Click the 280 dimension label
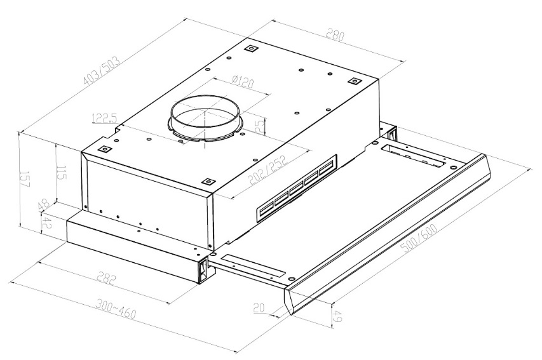click(x=335, y=36)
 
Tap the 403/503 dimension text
click(x=102, y=71)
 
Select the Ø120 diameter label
click(x=243, y=82)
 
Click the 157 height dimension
click(x=25, y=179)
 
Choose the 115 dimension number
click(x=62, y=173)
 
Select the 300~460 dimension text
click(x=116, y=309)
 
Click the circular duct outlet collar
click(x=205, y=119)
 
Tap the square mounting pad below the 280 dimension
click(x=355, y=81)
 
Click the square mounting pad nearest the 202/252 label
click(x=208, y=182)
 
